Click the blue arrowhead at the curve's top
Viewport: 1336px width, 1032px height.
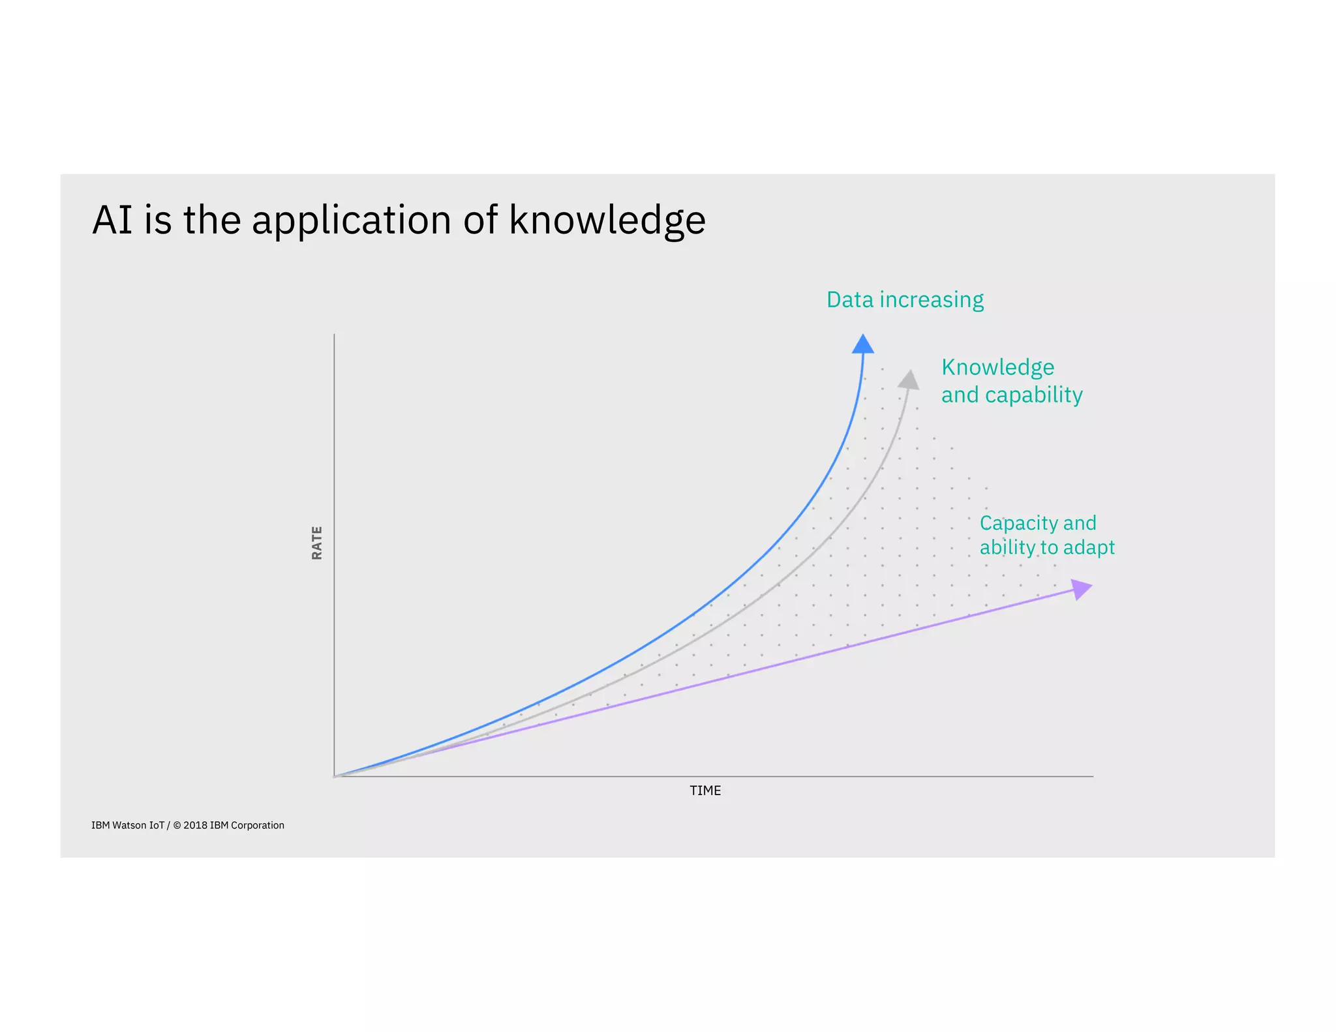pos(863,344)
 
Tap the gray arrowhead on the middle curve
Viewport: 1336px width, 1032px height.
pos(909,380)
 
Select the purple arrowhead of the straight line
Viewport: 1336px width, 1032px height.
pos(1080,588)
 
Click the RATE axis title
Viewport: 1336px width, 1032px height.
pos(317,543)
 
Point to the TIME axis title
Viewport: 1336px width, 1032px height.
pos(705,791)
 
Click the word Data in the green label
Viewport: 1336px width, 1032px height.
pos(850,299)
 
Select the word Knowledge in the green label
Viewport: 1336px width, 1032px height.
pos(997,367)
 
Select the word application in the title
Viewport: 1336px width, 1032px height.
pos(351,220)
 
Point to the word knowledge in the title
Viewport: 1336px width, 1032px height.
pos(607,220)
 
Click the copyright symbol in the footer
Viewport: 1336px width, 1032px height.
pos(177,825)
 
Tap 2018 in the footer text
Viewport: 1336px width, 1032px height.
pos(195,825)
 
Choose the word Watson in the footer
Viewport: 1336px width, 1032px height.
pos(129,825)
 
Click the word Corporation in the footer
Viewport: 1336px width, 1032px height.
pos(258,825)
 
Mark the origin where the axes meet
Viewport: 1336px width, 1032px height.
pos(334,776)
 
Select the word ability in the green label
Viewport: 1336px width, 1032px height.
pos(1003,547)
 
